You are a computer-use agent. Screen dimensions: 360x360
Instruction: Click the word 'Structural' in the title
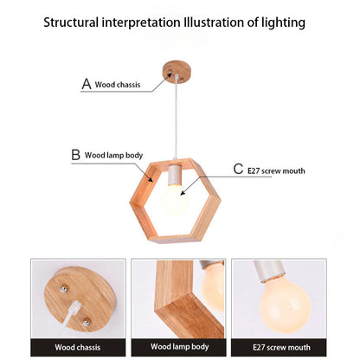tap(71, 22)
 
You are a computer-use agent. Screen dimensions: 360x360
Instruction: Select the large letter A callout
tap(87, 84)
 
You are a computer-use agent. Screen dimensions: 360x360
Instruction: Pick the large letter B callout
tap(75, 155)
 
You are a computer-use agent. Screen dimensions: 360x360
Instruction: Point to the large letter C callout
tap(238, 169)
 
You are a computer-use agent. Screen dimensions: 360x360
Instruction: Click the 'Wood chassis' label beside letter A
tap(118, 85)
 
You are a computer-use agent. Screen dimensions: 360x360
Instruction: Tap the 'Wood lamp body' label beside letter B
tap(113, 156)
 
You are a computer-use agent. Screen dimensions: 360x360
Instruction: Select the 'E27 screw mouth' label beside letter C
tap(276, 171)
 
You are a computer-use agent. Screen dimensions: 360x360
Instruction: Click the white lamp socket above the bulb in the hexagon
tap(175, 175)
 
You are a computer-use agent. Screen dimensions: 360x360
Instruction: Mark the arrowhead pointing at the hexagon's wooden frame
tap(151, 179)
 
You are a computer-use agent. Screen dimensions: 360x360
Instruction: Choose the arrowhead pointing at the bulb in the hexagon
tap(183, 192)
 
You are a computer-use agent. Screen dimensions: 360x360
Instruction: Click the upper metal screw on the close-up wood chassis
tap(64, 288)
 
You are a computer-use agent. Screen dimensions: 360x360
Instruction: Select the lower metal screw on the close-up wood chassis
tap(87, 322)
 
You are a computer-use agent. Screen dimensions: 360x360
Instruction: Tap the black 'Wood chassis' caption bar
tap(78, 347)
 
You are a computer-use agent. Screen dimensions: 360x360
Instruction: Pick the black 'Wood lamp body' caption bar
tap(178, 347)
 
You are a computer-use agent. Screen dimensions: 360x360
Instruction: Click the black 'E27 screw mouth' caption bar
tap(279, 347)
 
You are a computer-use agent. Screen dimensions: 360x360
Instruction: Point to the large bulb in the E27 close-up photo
tap(285, 305)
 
